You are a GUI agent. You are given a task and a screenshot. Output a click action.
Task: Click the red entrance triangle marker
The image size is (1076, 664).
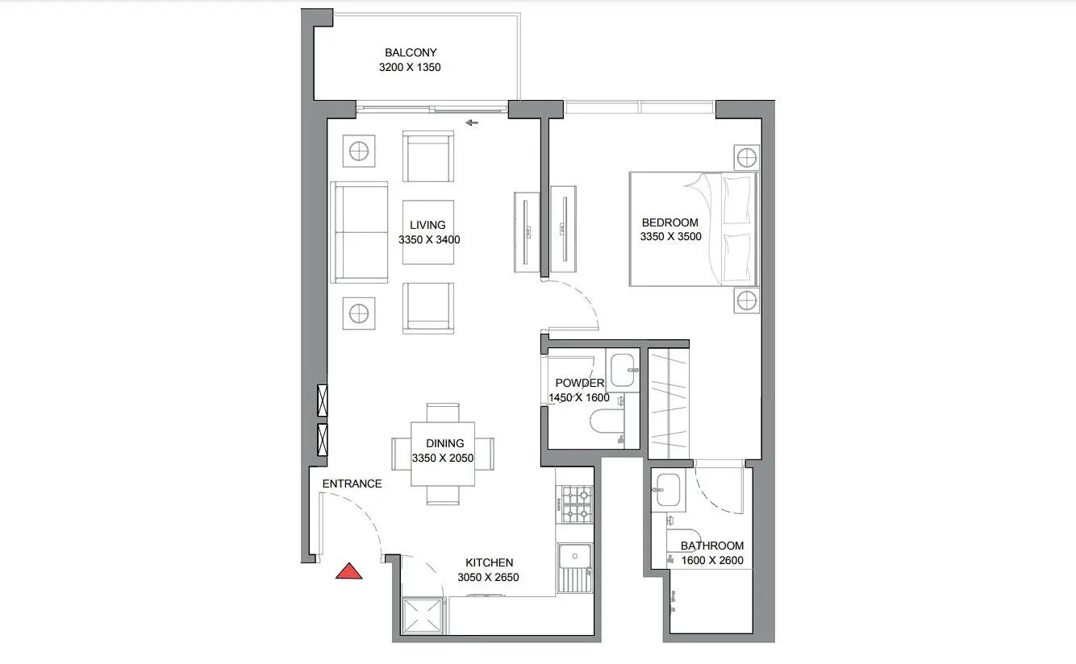(348, 571)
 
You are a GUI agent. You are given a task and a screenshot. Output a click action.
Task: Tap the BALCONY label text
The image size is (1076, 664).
(411, 52)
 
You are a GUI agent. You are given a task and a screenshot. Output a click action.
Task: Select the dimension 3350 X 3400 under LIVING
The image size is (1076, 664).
(429, 239)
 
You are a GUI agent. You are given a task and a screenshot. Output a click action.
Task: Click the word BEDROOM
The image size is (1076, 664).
(670, 222)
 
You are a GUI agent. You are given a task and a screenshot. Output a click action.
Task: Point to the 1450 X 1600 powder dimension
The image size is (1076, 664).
(579, 398)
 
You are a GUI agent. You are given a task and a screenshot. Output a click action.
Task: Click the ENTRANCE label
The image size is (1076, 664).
(352, 483)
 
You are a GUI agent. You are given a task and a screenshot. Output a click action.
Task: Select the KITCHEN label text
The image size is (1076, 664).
(489, 562)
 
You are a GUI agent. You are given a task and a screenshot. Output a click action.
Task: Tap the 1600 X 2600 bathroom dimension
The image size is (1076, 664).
(712, 560)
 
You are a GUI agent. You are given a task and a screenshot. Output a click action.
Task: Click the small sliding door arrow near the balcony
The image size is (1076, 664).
(472, 122)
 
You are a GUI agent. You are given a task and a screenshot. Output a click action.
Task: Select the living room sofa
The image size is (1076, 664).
(359, 232)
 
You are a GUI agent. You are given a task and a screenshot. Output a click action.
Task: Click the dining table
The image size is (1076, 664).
(442, 454)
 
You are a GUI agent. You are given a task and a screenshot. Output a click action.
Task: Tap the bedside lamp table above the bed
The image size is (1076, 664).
(746, 157)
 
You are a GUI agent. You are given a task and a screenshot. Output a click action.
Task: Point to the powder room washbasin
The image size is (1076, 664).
(623, 370)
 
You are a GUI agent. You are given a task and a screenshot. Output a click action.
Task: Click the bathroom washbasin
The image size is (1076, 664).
(668, 490)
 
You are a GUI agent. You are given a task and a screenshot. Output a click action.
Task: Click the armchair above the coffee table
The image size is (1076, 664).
(428, 156)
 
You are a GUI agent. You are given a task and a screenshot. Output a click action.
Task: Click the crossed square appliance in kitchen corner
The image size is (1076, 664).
(423, 616)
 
